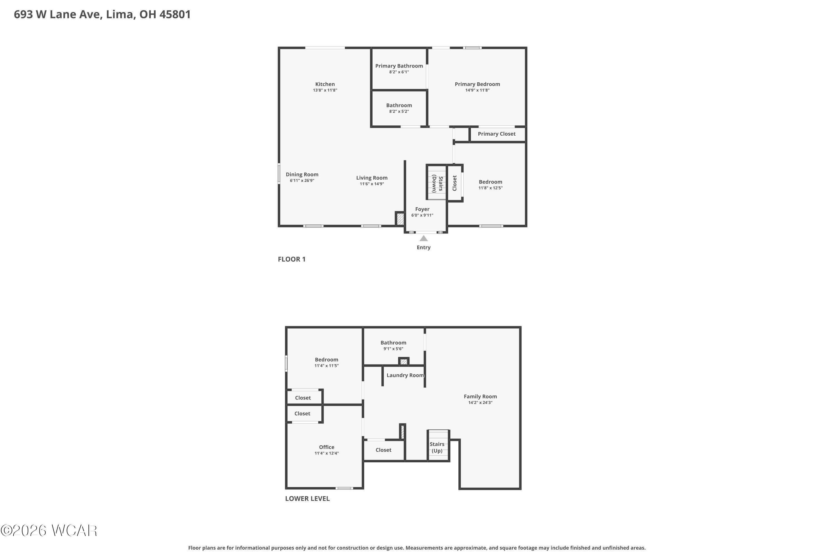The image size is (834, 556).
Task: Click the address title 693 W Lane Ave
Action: point(58,14)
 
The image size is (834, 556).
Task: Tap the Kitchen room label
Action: point(325,84)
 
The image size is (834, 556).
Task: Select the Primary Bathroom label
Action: point(399,66)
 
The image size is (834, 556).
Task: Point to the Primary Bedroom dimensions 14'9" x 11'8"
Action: point(477,90)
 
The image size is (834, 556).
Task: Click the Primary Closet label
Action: point(497,134)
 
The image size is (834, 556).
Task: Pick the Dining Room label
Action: point(302,175)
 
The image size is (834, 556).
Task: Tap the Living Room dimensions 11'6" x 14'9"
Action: point(372,184)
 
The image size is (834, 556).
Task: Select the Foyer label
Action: point(422,209)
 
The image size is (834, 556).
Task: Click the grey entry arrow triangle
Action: point(423,238)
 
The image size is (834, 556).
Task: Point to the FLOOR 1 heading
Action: point(291,259)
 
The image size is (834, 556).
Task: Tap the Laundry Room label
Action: point(405,375)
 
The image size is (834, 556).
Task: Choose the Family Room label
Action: point(480,396)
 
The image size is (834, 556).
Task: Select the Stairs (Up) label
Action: point(437,448)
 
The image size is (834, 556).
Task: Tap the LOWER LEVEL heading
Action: point(307,498)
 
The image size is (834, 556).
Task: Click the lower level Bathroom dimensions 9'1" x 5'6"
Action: point(393,349)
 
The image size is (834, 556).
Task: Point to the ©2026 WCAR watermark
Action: point(49,530)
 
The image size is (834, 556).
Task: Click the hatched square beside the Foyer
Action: point(400,219)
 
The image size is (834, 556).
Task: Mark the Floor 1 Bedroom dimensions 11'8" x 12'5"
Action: point(490,188)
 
